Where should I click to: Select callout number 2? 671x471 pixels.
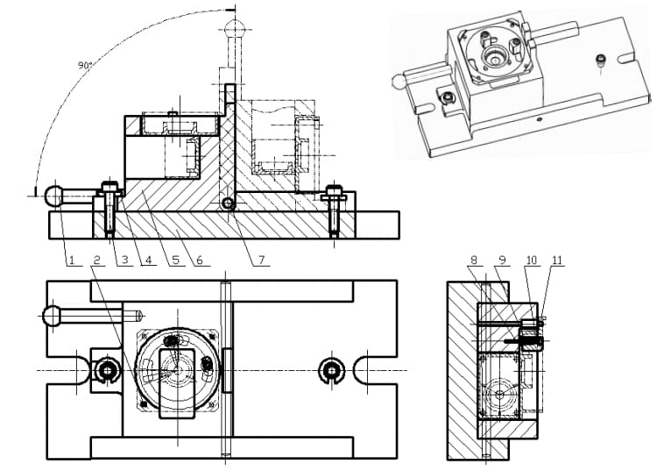[96, 260]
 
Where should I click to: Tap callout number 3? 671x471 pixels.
[125, 260]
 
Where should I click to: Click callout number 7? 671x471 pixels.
[260, 260]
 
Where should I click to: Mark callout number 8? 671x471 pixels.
[474, 260]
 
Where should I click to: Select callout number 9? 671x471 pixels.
[501, 260]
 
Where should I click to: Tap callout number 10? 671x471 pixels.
[531, 260]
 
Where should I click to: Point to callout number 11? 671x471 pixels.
[558, 260]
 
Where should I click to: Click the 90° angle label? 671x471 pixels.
[85, 65]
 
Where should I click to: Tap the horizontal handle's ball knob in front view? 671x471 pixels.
[53, 195]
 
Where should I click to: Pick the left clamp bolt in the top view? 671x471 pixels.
[108, 372]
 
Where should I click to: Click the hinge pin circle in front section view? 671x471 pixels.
[230, 203]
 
